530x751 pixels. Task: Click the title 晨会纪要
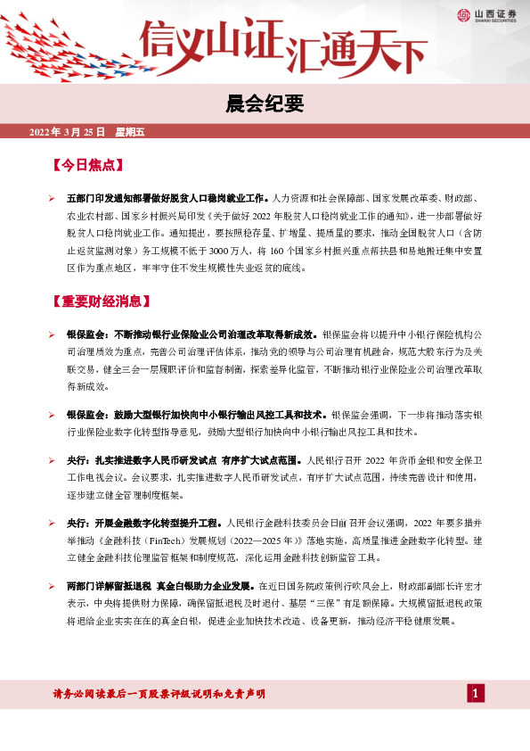[265, 105]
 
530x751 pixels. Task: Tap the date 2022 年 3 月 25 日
[68, 133]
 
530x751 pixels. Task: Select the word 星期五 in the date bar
[130, 133]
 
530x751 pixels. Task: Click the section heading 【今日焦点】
[88, 165]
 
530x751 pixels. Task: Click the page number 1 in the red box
[477, 694]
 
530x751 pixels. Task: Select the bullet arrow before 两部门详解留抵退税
[53, 589]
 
